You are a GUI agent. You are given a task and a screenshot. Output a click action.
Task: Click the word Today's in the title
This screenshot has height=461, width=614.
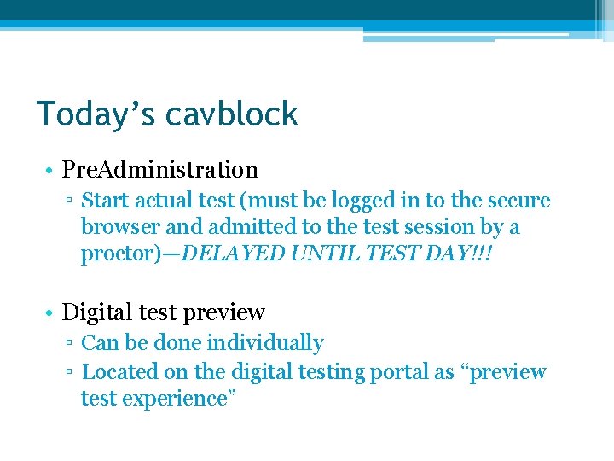pos(91,114)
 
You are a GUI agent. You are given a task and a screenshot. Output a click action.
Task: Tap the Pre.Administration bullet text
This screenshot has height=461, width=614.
pos(160,170)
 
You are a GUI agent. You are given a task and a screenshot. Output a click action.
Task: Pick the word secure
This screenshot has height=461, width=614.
pos(519,201)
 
